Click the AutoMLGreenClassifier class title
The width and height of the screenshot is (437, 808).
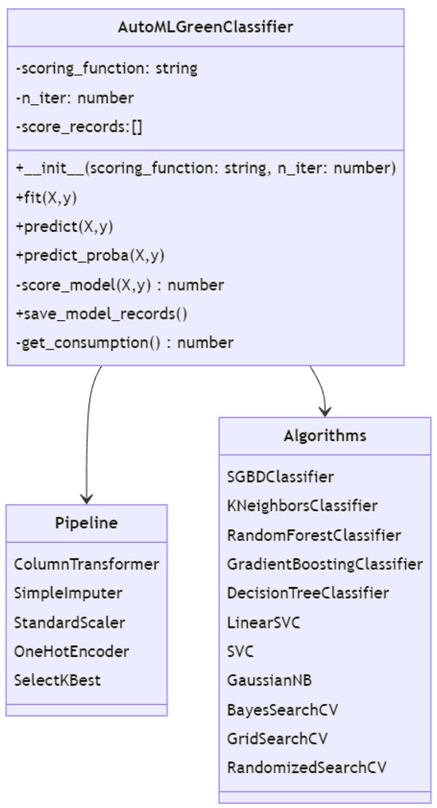click(206, 27)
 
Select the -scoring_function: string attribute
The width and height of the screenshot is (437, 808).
click(106, 69)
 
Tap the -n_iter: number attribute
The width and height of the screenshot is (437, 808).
click(75, 99)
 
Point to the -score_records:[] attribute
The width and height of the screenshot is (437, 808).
click(79, 128)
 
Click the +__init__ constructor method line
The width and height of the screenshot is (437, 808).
click(205, 168)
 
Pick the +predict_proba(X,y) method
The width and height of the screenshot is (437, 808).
click(90, 255)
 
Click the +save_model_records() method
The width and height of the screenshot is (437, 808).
click(101, 313)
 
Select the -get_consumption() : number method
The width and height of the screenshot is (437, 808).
click(124, 342)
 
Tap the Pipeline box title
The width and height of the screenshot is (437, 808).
click(86, 523)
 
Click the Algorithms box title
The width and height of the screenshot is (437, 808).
click(325, 435)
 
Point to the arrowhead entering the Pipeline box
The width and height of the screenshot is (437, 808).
click(84, 498)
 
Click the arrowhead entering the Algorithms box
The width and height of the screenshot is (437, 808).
click(324, 410)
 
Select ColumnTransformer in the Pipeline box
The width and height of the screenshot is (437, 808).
click(87, 564)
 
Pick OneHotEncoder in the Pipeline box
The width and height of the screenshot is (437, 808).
click(72, 651)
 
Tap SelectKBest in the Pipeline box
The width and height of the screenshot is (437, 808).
click(57, 680)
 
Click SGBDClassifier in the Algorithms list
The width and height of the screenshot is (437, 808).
click(280, 477)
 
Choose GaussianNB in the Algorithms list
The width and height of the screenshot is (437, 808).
click(265, 680)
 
